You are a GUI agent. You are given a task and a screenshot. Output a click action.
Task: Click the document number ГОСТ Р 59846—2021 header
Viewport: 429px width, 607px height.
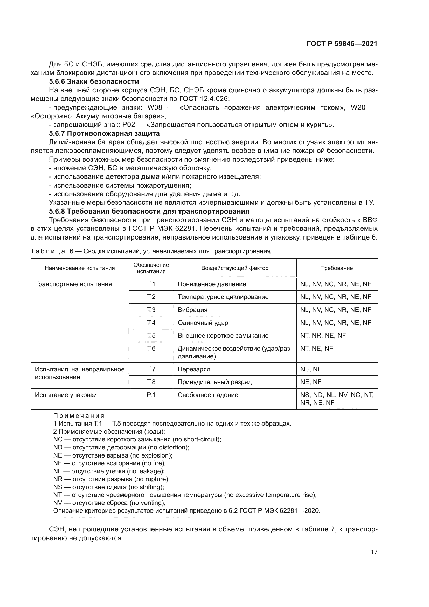pyautogui.click(x=342, y=44)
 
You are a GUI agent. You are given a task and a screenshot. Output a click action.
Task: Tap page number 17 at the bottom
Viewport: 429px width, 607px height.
pyautogui.click(x=374, y=552)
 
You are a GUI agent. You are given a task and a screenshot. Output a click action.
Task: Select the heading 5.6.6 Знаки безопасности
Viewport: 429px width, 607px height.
pyautogui.click(x=94, y=81)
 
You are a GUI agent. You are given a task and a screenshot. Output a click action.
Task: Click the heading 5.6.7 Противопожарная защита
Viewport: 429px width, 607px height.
pyautogui.click(x=104, y=133)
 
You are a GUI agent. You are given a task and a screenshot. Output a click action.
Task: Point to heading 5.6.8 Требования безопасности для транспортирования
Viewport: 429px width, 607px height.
pyautogui.click(x=149, y=211)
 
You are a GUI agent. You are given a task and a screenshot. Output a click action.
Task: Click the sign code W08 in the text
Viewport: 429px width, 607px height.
pyautogui.click(x=155, y=108)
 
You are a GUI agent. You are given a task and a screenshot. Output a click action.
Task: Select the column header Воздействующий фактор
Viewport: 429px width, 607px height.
pyautogui.click(x=234, y=268)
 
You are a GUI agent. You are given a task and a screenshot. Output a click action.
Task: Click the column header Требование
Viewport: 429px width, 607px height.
pyautogui.click(x=337, y=268)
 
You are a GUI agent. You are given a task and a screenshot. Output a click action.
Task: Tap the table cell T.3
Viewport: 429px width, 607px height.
pyautogui.click(x=151, y=310)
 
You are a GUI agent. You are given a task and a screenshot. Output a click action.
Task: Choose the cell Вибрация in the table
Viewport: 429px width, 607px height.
pyautogui.click(x=192, y=310)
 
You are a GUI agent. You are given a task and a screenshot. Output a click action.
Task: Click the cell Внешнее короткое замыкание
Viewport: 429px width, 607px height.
pyautogui.click(x=223, y=336)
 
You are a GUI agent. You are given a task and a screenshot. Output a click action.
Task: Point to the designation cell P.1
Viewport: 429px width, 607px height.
pyautogui.click(x=151, y=395)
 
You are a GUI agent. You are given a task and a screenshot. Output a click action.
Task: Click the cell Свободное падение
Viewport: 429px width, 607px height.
pyautogui.click(x=208, y=395)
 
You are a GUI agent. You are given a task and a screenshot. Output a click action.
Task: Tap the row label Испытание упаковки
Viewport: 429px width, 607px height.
pyautogui.click(x=66, y=395)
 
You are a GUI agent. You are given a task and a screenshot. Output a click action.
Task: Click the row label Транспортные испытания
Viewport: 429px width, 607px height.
pyautogui.click(x=73, y=284)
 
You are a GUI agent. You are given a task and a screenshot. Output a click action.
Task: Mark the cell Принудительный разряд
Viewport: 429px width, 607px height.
pyautogui.click(x=214, y=382)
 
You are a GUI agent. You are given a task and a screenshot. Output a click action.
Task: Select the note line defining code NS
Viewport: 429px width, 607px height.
pyautogui.click(x=109, y=487)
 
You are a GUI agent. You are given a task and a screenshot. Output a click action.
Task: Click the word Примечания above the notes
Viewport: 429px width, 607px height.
pyautogui.click(x=79, y=416)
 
